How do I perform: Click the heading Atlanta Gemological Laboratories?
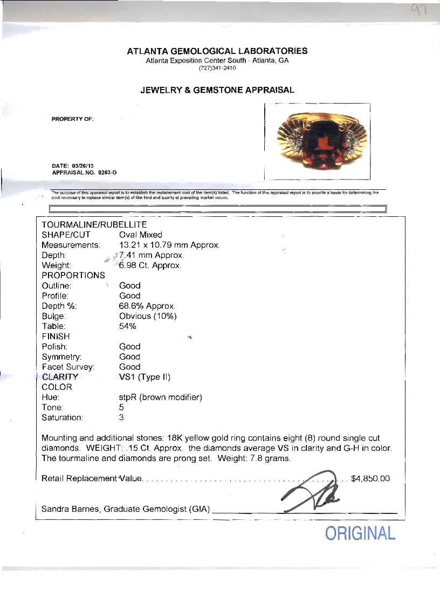pos(217,51)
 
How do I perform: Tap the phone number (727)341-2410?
pos(217,68)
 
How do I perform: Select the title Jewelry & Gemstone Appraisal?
pos(217,90)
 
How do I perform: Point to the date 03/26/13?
pos(83,166)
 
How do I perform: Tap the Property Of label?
pos(72,119)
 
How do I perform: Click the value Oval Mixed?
pos(141,235)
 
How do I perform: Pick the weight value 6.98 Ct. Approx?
pos(150,265)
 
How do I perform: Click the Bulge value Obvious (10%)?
pos(148,316)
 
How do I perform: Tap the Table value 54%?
pos(128,326)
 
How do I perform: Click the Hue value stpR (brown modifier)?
pos(161,397)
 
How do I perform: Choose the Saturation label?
pos(63,417)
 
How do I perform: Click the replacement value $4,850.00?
pos(370,478)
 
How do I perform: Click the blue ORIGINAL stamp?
pos(360,533)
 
